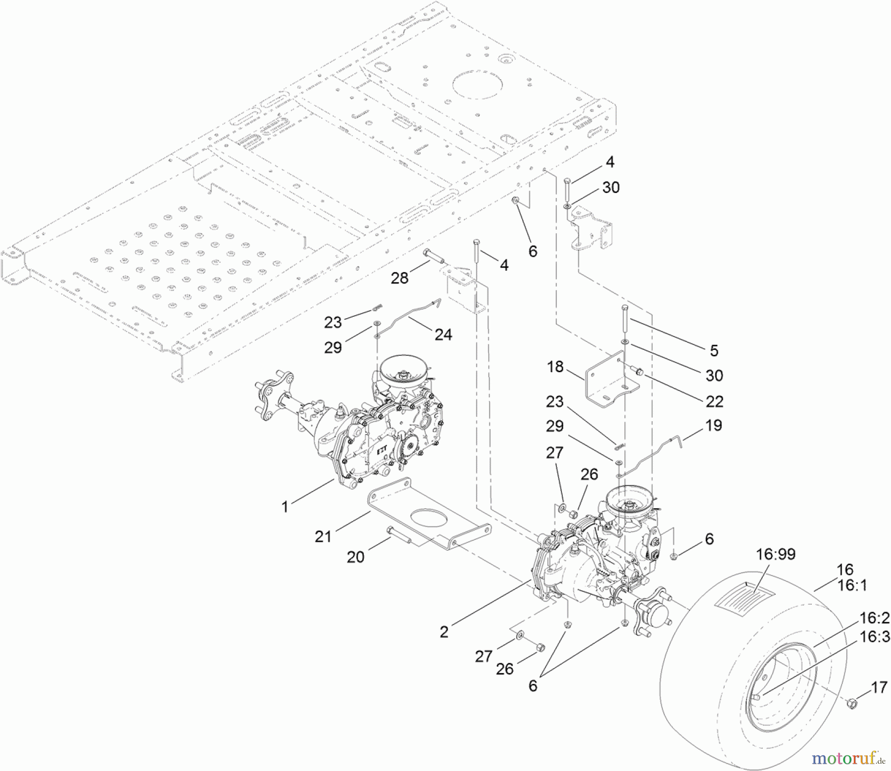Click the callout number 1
285,507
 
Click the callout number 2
444,632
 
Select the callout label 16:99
775,554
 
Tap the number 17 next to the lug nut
879,687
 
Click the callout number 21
323,536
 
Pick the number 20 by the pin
355,557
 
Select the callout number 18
555,367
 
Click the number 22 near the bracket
714,401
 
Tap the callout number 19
713,426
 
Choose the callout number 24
443,335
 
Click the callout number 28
399,278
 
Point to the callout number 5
714,350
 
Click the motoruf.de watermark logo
848,757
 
